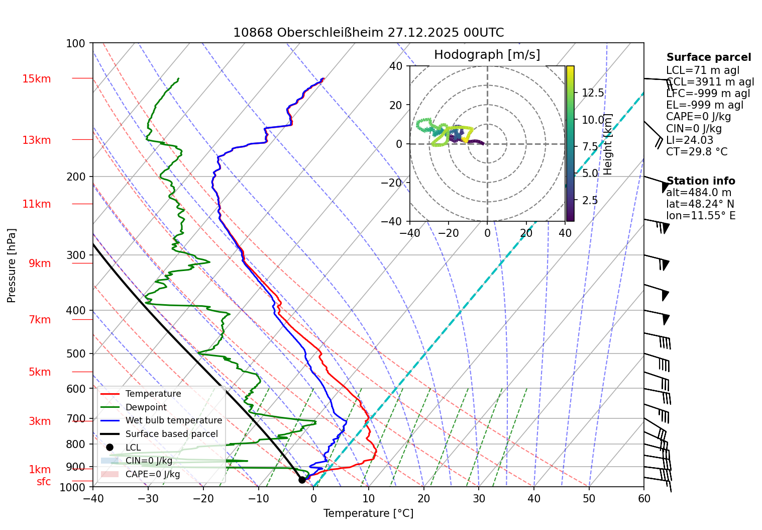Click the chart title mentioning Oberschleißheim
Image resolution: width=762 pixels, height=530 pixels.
[x=368, y=33]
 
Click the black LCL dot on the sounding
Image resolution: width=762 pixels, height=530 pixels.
[x=302, y=480]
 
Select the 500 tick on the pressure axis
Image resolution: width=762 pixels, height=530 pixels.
[x=76, y=354]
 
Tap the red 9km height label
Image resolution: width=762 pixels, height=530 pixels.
[x=40, y=263]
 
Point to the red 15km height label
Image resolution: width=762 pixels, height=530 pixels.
[x=36, y=79]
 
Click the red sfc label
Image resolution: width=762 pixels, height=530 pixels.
[x=44, y=482]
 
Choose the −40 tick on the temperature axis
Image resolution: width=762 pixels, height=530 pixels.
[x=93, y=499]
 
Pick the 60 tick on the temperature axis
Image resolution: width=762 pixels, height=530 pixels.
[x=644, y=499]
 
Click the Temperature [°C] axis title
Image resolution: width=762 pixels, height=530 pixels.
[x=368, y=513]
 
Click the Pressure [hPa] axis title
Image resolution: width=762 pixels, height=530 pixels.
[x=12, y=266]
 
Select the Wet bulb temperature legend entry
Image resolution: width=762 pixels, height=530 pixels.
[x=173, y=420]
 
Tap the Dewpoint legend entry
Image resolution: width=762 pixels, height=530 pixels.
[x=146, y=407]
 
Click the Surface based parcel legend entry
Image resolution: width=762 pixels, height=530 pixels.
[x=171, y=434]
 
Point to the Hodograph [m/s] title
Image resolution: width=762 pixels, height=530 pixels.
[x=487, y=55]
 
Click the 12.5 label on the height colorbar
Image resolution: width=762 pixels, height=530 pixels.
[x=593, y=93]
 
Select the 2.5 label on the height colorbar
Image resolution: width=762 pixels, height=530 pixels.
[x=590, y=200]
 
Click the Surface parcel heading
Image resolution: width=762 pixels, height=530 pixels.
[x=708, y=57]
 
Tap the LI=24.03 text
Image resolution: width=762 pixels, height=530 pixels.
[x=689, y=140]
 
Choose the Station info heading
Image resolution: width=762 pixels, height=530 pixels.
[x=700, y=181]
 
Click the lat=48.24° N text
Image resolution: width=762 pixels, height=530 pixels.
[x=700, y=204]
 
